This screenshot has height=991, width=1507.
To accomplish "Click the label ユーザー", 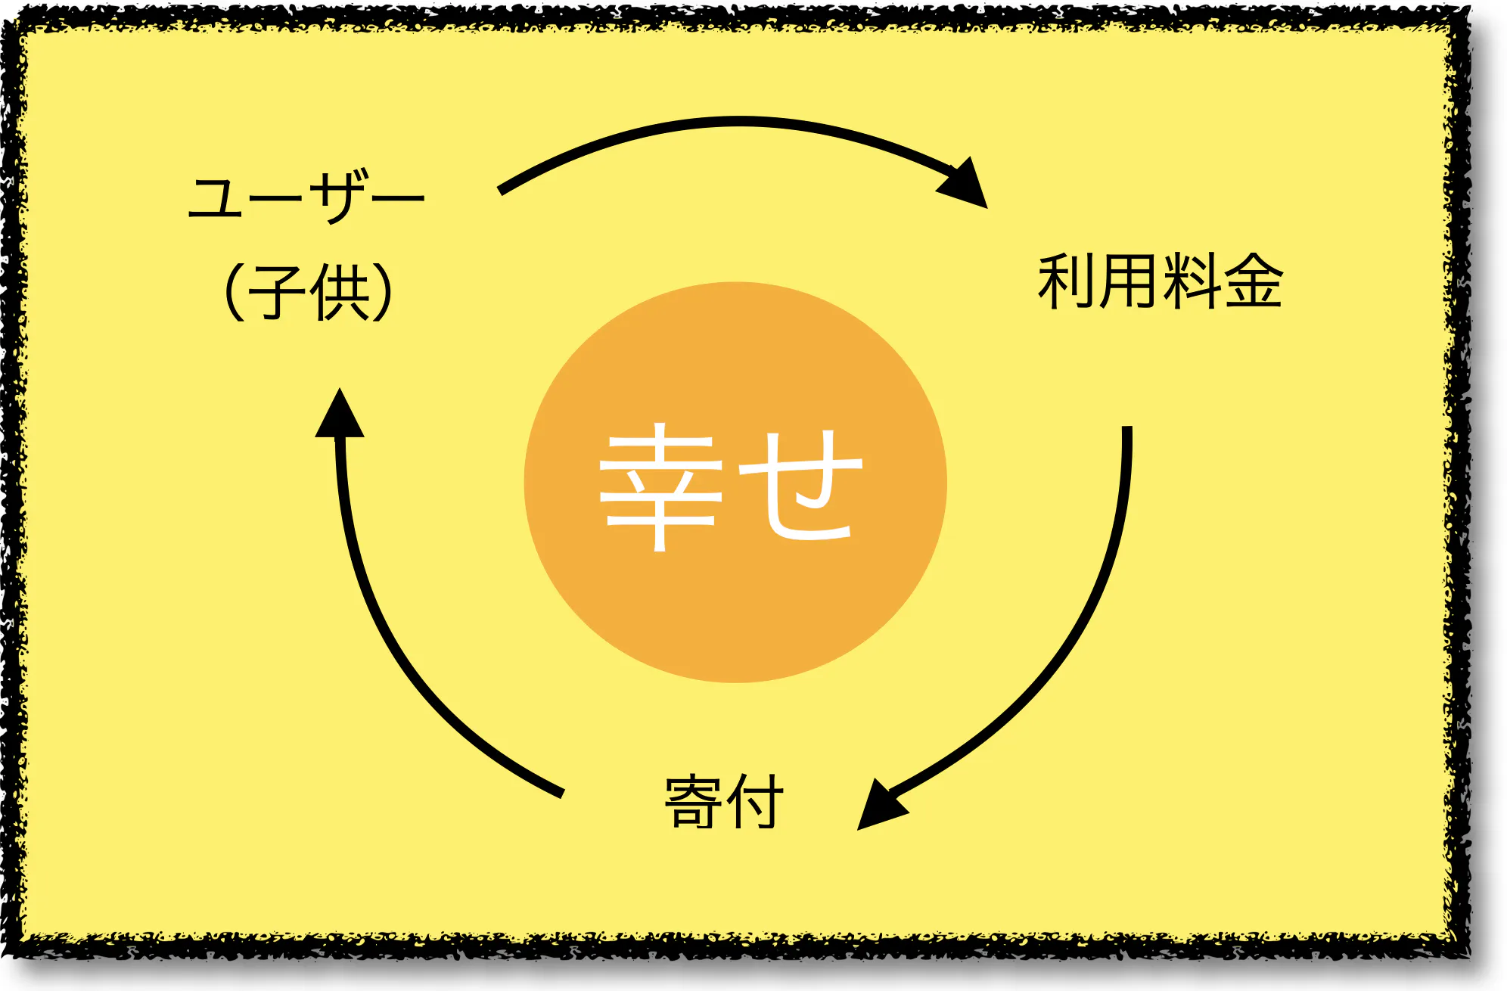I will pos(306,198).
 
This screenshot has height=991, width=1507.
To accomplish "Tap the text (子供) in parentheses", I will pos(309,291).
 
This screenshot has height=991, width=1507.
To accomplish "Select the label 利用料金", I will pos(1160,281).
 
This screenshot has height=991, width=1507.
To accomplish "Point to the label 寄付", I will pos(723,802).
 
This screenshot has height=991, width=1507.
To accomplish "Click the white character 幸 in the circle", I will pos(660,486).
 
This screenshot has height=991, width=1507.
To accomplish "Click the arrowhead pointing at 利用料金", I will pos(965,184).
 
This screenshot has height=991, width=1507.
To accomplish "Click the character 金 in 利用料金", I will pos(1254,281).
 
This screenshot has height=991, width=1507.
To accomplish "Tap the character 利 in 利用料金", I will pos(1067,281).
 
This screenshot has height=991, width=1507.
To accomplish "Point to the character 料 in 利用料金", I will pos(1192,281).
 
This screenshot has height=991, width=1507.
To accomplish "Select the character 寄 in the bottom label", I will pos(693,802).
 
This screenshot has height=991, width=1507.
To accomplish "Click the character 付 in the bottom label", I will pos(754,802).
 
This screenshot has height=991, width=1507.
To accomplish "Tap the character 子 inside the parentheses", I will pos(277,292).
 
